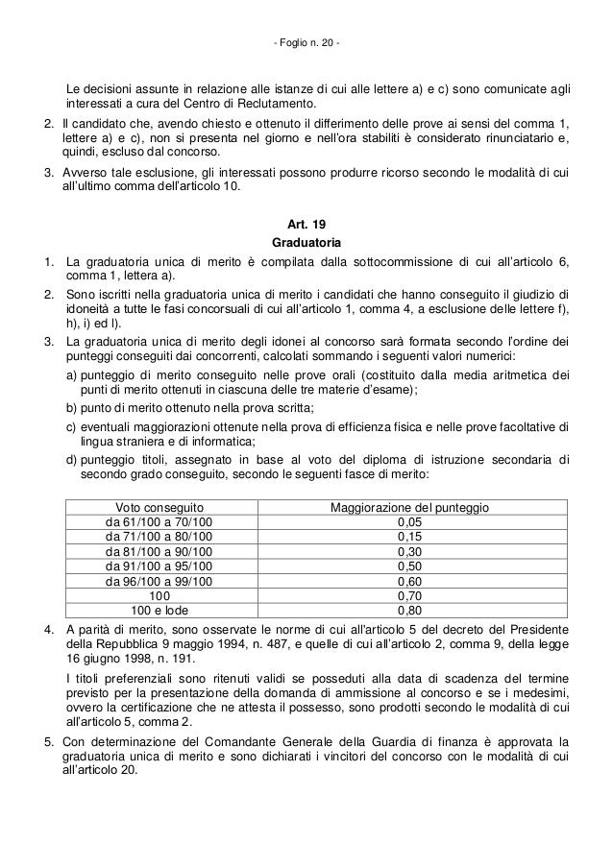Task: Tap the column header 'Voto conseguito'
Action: (159, 506)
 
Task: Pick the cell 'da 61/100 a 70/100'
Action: (159, 522)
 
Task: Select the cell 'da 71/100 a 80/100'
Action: (159, 538)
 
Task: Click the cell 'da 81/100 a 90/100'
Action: (159, 553)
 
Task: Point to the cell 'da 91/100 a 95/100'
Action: (159, 568)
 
